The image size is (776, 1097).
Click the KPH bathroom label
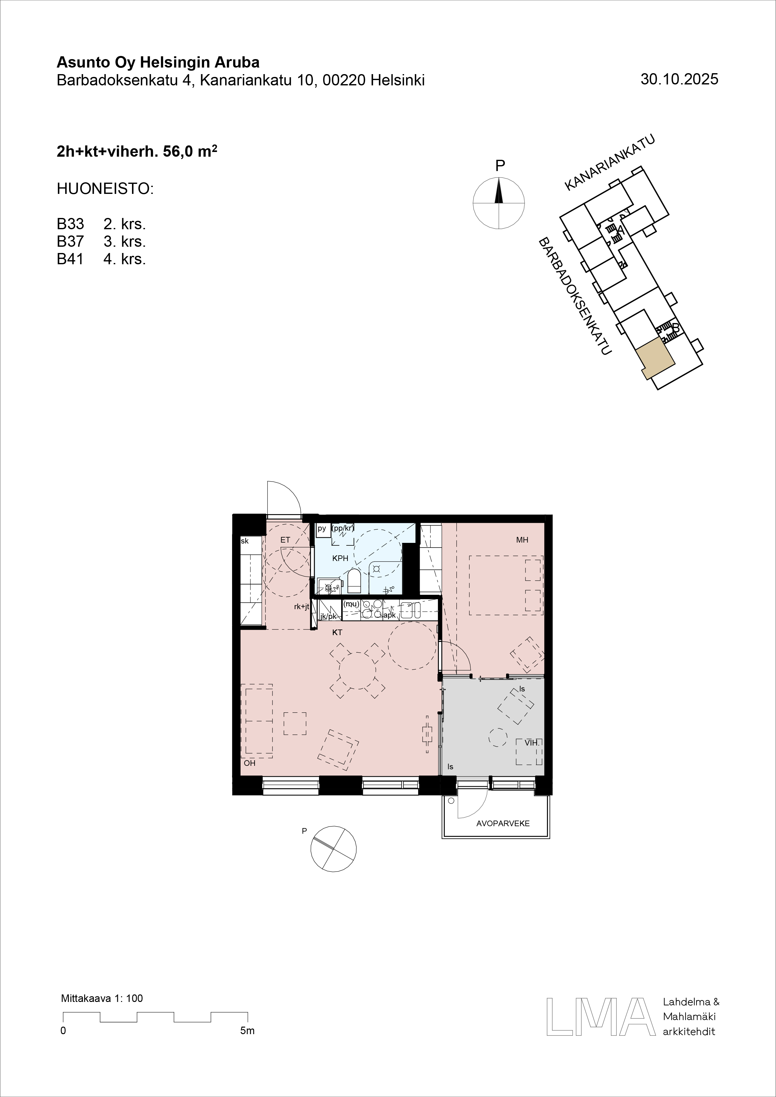coord(340,558)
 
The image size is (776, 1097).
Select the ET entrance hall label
coord(285,540)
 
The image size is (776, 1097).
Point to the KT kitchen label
coord(337,633)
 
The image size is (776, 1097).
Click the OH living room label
coord(249,763)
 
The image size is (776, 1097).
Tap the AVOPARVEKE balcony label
coord(503,823)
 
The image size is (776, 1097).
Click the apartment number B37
coord(70,242)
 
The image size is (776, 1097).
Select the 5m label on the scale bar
coord(247,1031)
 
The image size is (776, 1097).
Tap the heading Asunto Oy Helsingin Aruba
coord(158,63)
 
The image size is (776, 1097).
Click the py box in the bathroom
coord(322,529)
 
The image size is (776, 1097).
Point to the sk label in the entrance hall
coord(245,541)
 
